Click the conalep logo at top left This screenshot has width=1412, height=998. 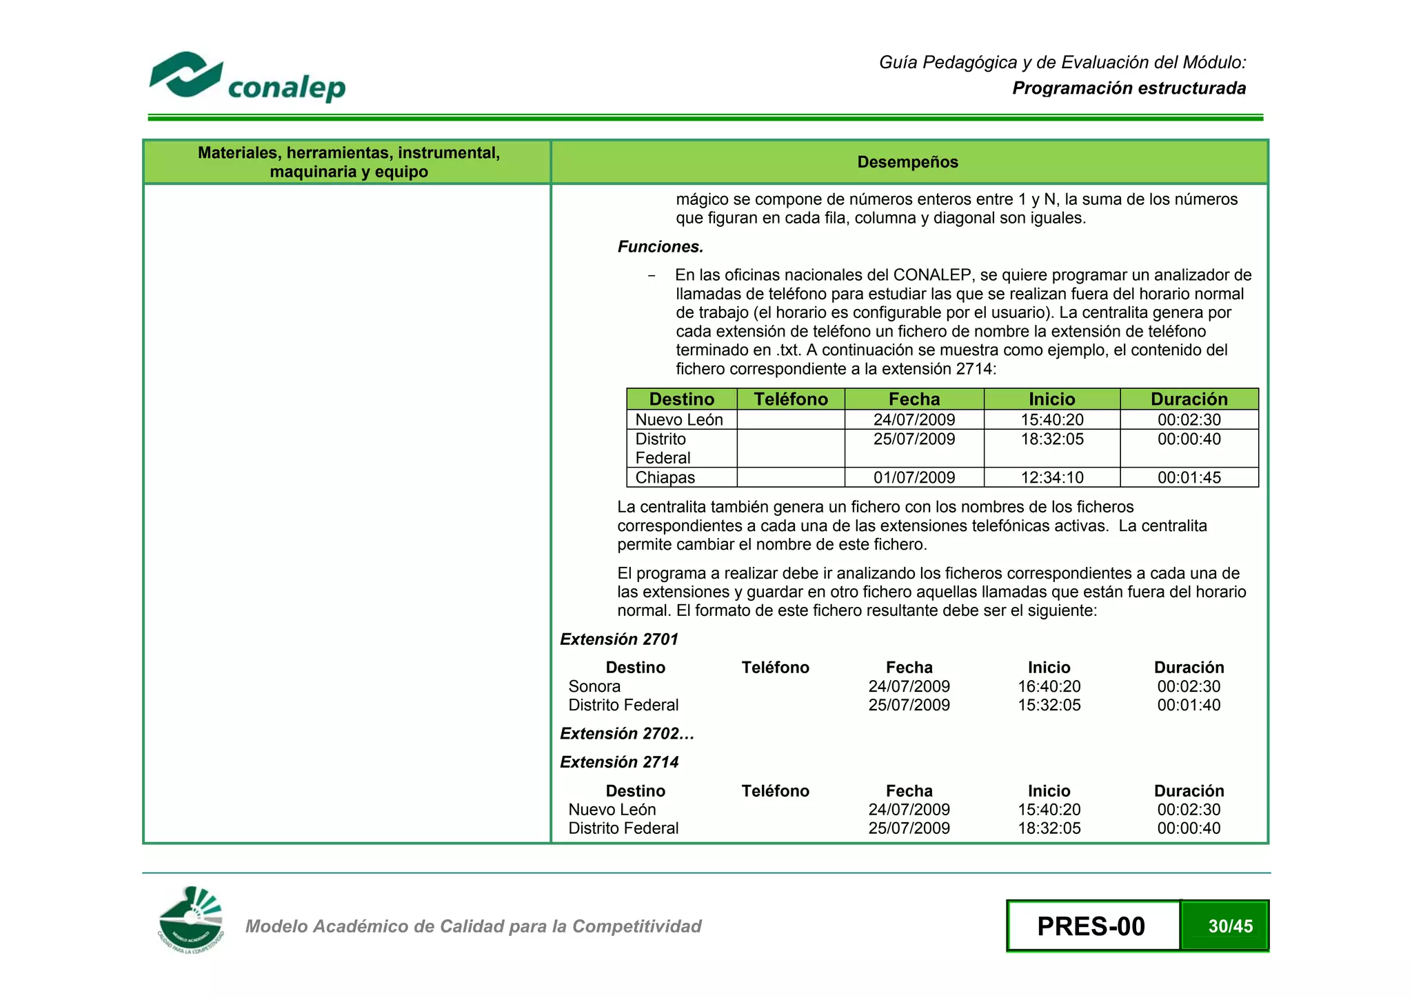(x=247, y=77)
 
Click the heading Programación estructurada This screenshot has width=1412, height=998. (x=1129, y=88)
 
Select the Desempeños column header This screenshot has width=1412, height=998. (x=907, y=162)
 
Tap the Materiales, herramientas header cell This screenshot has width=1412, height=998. (x=348, y=162)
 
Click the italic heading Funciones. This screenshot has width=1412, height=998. (x=660, y=247)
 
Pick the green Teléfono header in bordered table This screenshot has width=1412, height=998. (x=790, y=399)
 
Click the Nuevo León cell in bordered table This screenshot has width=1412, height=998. (x=679, y=419)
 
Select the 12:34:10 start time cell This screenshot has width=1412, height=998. (x=1051, y=477)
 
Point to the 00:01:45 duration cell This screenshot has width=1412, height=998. (x=1189, y=477)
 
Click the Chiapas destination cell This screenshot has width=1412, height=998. (x=665, y=477)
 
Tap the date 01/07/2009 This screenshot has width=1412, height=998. (x=914, y=477)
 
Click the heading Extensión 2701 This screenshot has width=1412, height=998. (x=619, y=639)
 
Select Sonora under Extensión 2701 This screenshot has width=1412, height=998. (x=594, y=686)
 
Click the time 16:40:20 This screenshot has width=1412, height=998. (x=1049, y=686)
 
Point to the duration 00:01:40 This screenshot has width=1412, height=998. (x=1189, y=705)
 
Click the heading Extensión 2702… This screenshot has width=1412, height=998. (x=627, y=734)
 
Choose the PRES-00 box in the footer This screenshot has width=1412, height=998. (x=1092, y=926)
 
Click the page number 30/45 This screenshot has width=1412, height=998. (x=1230, y=926)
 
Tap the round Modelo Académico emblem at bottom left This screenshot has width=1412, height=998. (x=191, y=921)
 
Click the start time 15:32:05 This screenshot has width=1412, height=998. (x=1049, y=705)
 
